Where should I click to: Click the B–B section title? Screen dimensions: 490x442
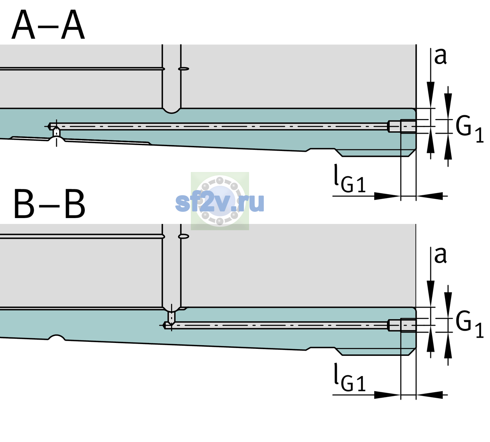[49, 204]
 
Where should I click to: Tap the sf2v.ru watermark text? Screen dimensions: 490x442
[220, 203]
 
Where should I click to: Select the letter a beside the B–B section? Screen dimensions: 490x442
[440, 255]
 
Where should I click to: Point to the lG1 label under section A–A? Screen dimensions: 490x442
[350, 179]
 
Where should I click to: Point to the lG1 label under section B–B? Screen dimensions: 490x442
[350, 378]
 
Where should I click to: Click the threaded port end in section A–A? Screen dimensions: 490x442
[402, 126]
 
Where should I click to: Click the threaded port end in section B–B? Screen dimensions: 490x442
[402, 325]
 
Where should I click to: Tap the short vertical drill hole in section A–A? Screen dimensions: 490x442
[56, 132]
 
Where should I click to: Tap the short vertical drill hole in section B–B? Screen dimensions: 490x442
[172, 317]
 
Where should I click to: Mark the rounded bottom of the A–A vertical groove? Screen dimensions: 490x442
[171, 111]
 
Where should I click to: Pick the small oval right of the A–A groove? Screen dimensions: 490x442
[183, 69]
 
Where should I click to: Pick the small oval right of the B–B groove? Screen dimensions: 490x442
[183, 236]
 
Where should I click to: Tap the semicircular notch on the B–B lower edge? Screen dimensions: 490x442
[57, 337]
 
